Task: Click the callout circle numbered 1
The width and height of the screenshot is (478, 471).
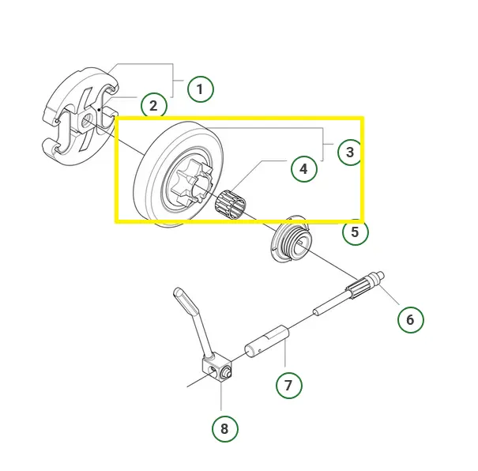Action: tap(200, 89)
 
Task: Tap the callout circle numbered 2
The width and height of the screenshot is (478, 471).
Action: tap(153, 106)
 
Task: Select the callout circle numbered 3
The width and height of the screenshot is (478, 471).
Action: tap(351, 152)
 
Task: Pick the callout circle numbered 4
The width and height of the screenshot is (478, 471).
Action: tap(304, 169)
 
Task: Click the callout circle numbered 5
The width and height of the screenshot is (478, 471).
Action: tap(356, 232)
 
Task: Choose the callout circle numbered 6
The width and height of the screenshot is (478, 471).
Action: tap(411, 320)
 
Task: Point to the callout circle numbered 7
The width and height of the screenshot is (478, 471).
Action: tap(289, 385)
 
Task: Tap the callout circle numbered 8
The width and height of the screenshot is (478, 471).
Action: tap(225, 429)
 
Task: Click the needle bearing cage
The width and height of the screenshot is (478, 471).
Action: tap(231, 202)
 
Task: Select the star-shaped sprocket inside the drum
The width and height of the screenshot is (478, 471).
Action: tap(190, 182)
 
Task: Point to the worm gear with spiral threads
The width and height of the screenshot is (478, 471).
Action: tap(291, 239)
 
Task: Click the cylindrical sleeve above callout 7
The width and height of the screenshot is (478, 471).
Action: tap(267, 341)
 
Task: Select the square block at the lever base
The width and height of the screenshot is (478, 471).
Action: tap(217, 368)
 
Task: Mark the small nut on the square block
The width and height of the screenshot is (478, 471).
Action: tap(227, 372)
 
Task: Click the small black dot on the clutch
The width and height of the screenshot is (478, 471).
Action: tap(99, 109)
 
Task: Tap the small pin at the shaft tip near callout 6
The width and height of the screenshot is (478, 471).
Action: tap(381, 275)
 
